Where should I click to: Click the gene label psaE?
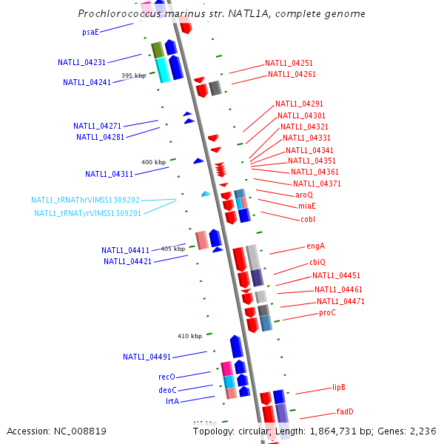pyautogui.click(x=90, y=32)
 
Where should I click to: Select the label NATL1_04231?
pyautogui.click(x=81, y=63)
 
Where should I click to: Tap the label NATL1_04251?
pyautogui.click(x=289, y=64)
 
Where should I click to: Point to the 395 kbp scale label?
pyautogui.click(x=134, y=75)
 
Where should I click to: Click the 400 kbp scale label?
pyautogui.click(x=154, y=162)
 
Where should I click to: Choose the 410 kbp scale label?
pyautogui.click(x=189, y=336)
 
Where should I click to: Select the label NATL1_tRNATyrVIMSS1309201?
pyautogui.click(x=87, y=213)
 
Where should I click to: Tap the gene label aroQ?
pyautogui.click(x=304, y=195)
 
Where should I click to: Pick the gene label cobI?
pyautogui.click(x=308, y=219)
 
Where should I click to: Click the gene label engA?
pyautogui.click(x=316, y=246)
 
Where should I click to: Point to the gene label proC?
pyautogui.click(x=327, y=312)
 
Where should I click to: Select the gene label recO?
pyautogui.click(x=166, y=377)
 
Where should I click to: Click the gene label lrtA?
pyautogui.click(x=171, y=401)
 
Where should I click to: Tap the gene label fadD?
pyautogui.click(x=345, y=411)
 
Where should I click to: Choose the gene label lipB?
pyautogui.click(x=339, y=387)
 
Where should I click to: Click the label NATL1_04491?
pyautogui.click(x=147, y=357)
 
